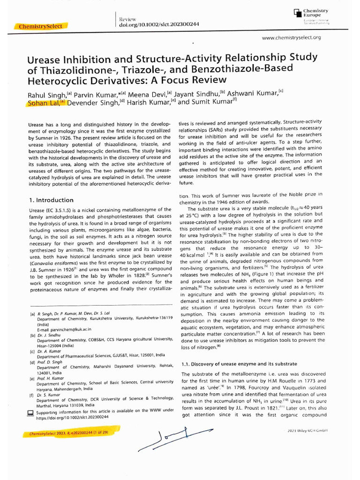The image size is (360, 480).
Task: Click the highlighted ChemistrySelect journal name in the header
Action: pos(41,26)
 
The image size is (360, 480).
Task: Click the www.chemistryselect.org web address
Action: pos(292,37)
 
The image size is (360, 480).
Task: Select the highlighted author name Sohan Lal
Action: pos(46,103)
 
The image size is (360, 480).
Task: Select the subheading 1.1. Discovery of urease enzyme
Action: pos(239,364)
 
